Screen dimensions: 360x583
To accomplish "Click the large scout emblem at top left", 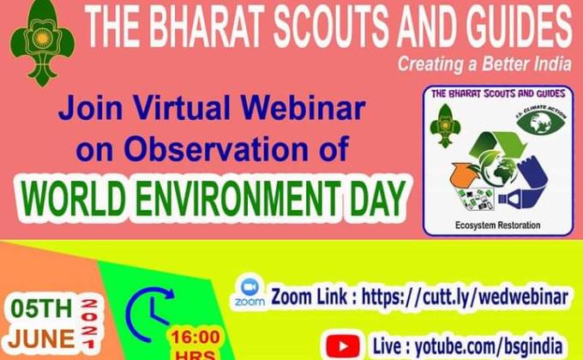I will [40, 42].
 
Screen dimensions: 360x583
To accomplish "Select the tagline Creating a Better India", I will [484, 63].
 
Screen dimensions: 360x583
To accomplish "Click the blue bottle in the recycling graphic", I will [522, 199].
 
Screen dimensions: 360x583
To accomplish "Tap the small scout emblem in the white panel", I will [445, 123].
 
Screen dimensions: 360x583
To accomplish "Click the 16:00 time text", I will [195, 335].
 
